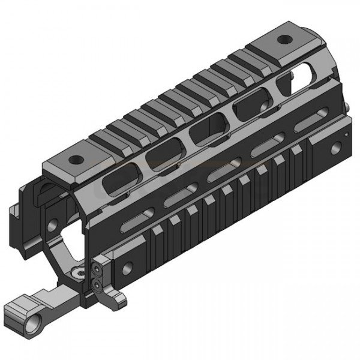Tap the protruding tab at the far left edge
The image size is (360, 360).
(13, 211)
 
